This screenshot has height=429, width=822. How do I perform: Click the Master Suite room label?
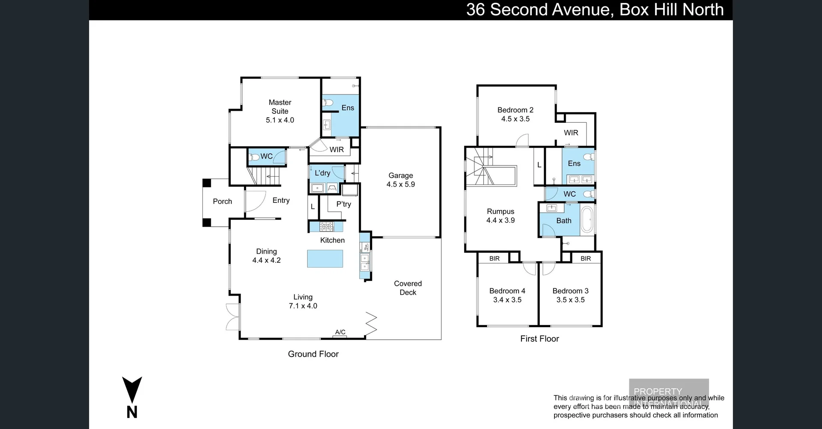280,107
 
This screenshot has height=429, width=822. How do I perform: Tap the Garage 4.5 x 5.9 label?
401,180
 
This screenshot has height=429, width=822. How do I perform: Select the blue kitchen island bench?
325,259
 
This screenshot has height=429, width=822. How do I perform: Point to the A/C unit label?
340,332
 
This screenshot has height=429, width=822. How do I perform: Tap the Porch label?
222,201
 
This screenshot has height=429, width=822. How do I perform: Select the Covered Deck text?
408,288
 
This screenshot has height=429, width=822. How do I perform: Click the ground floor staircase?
264,176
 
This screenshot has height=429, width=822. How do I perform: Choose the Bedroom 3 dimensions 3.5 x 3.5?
570,300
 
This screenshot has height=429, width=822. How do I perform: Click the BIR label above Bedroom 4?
494,258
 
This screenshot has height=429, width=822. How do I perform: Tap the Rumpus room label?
500,211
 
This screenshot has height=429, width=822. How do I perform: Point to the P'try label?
343,204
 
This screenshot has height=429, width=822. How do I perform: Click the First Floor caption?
539,339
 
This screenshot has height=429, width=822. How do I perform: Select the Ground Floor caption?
313,354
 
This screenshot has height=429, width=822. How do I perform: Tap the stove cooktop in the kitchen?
327,227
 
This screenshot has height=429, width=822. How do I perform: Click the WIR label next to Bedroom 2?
571,133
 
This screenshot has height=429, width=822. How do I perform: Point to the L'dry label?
322,173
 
